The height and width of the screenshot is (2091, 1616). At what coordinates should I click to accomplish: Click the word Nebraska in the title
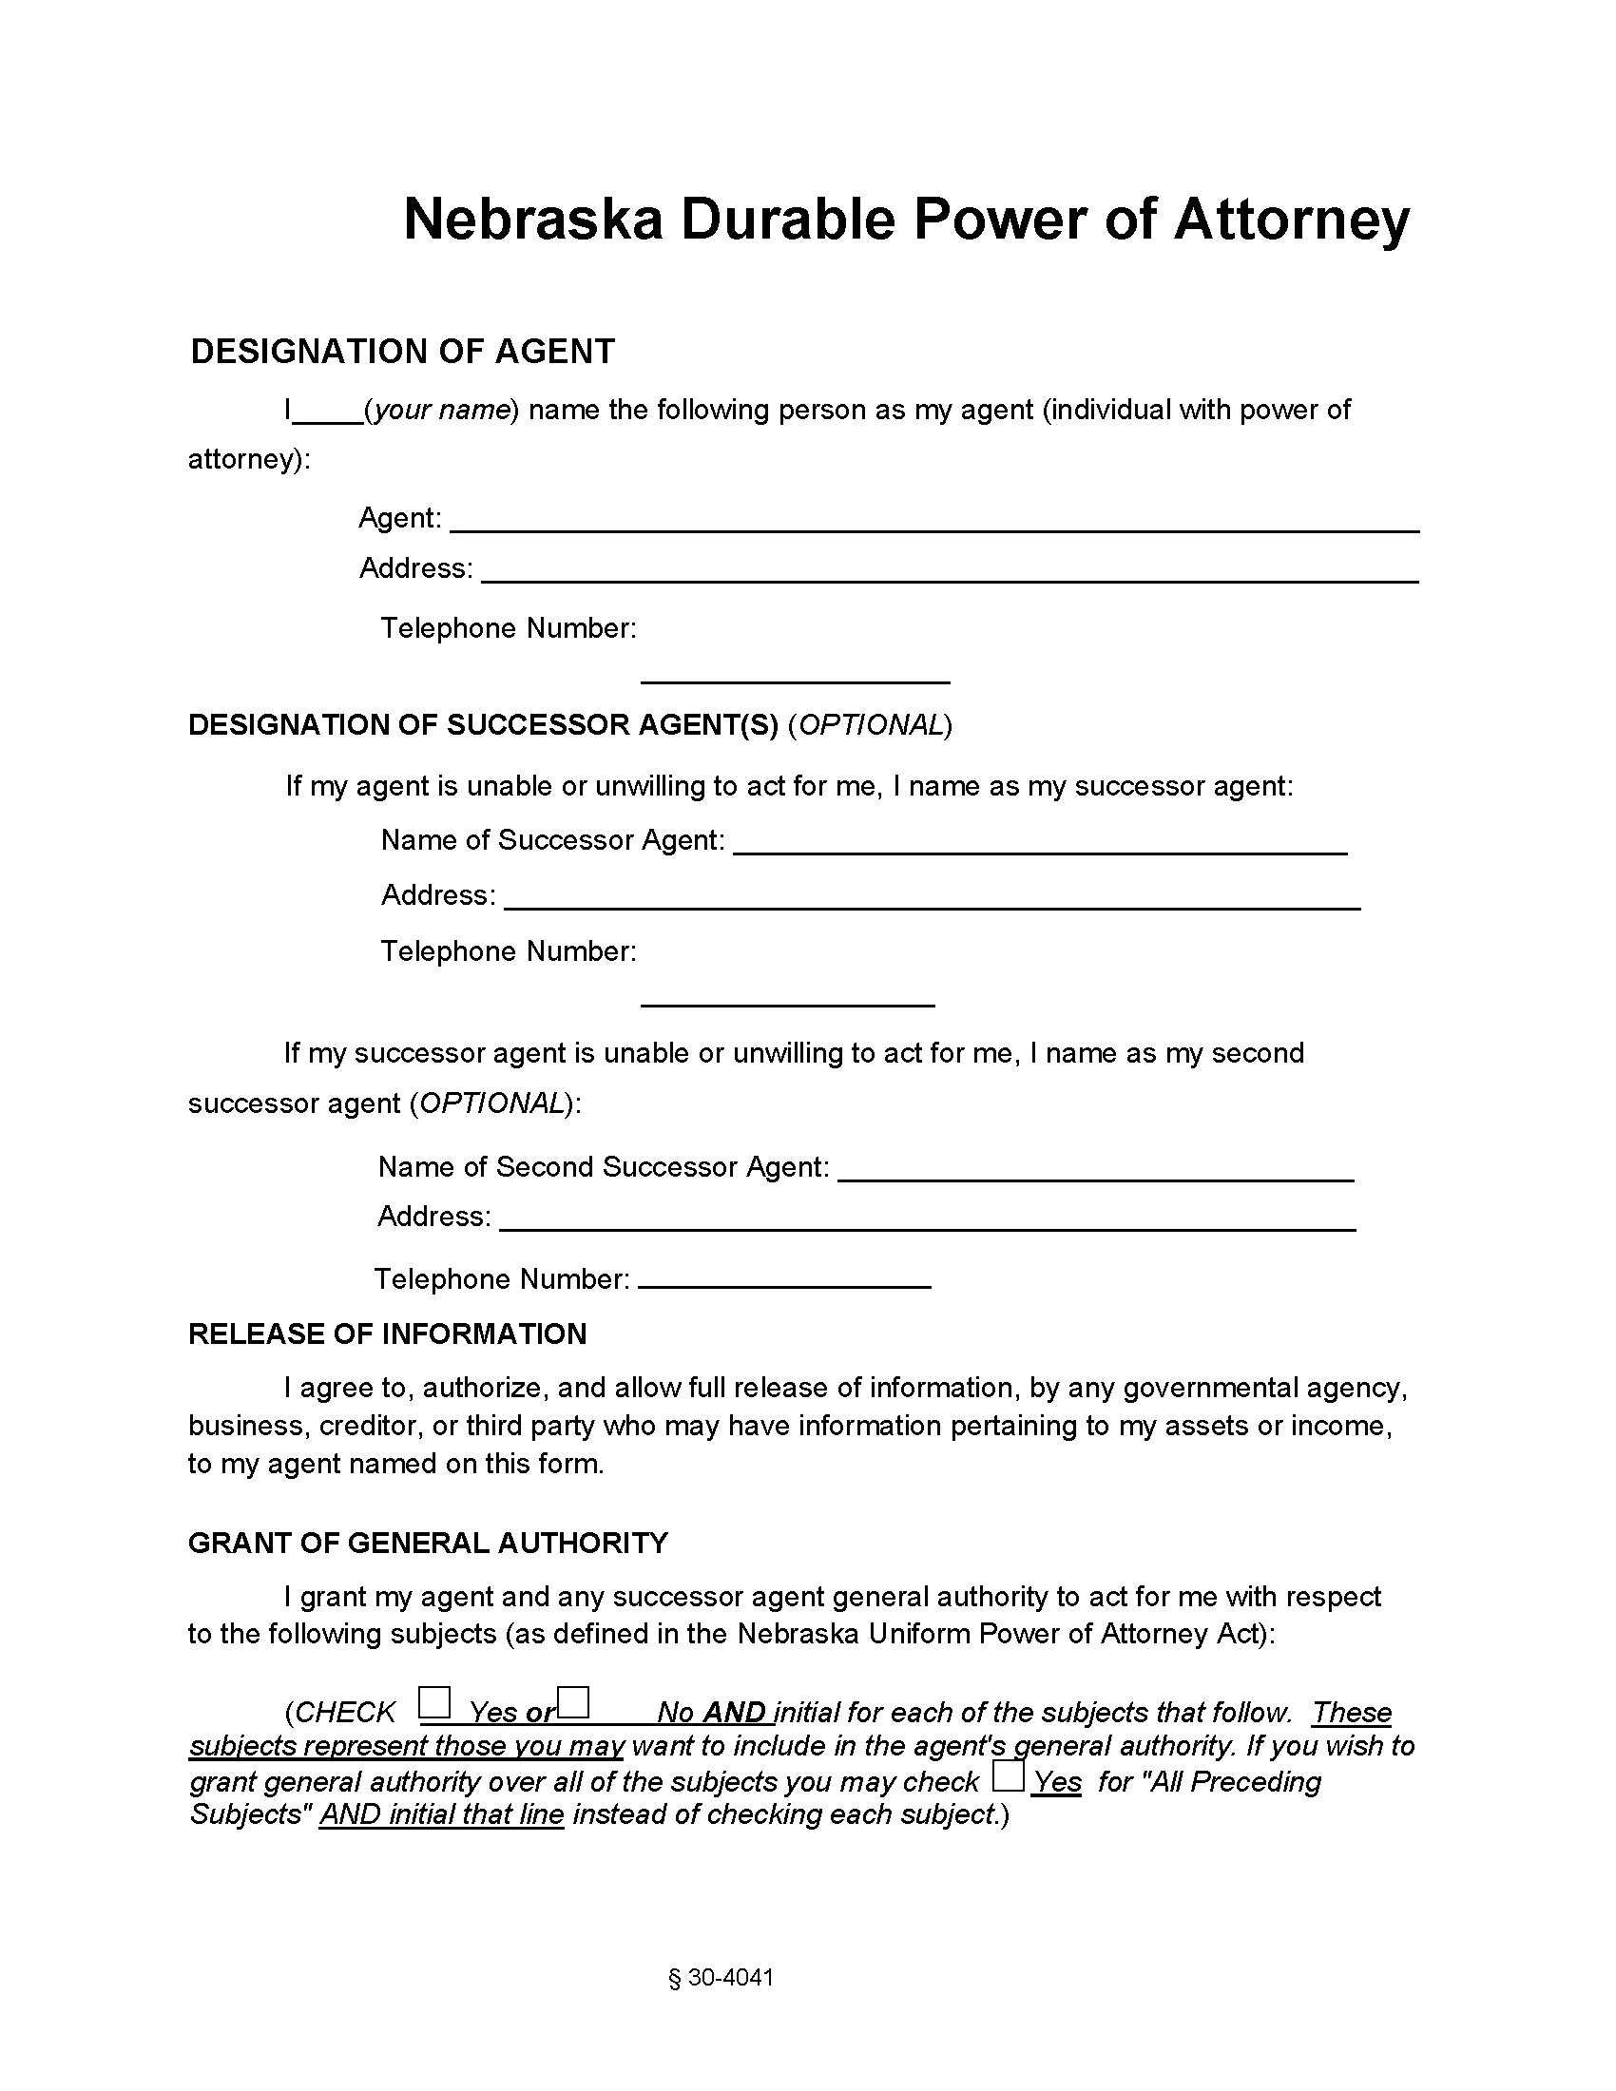[x=532, y=220]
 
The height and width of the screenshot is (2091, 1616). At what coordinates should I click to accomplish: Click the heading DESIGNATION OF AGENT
[x=402, y=352]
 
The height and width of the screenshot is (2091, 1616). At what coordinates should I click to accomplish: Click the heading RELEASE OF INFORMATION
[x=387, y=1333]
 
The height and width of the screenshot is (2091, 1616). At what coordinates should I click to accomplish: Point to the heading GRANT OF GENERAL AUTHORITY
[x=428, y=1543]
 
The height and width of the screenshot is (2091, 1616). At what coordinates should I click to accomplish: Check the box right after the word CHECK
[x=434, y=1702]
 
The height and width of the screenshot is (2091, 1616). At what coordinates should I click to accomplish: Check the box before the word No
[x=573, y=1702]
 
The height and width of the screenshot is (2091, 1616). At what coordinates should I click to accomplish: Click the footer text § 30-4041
[x=721, y=1977]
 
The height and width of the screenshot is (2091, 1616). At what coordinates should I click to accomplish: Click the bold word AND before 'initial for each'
[x=734, y=1712]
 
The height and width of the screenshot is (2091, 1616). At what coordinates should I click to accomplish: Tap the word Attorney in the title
[x=1292, y=220]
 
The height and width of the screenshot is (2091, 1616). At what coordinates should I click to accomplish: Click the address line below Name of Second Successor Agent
[x=927, y=1223]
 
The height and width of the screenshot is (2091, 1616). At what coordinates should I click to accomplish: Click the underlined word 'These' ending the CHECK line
[x=1351, y=1712]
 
